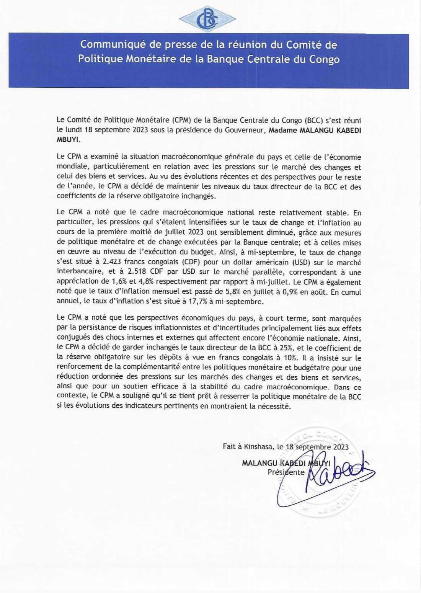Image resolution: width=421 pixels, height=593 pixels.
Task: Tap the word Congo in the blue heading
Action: tap(325, 59)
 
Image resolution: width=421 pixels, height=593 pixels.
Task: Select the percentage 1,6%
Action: tap(119, 283)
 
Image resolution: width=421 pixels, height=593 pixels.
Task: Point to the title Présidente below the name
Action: tap(286, 472)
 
